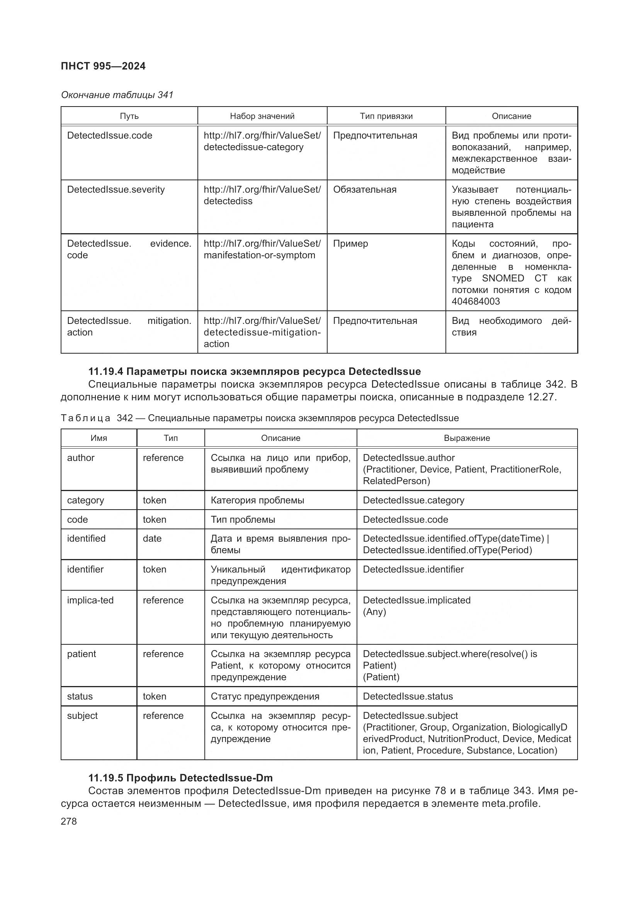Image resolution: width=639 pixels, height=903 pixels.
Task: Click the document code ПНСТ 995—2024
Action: pyautogui.click(x=103, y=66)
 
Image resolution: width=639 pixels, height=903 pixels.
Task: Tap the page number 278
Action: pyautogui.click(x=69, y=821)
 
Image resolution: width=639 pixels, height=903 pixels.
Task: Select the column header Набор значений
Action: pyautogui.click(x=262, y=116)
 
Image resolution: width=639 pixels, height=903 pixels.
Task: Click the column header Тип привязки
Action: pyautogui.click(x=386, y=116)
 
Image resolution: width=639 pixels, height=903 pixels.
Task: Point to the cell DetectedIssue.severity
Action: pyautogui.click(x=116, y=190)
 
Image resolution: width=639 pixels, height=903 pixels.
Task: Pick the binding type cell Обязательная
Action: pyautogui.click(x=364, y=190)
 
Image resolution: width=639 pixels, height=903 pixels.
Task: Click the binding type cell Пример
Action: pyautogui.click(x=350, y=244)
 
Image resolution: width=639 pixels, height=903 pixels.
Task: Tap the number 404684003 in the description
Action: pyautogui.click(x=475, y=301)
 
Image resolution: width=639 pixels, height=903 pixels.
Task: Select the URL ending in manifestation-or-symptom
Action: pyautogui.click(x=259, y=255)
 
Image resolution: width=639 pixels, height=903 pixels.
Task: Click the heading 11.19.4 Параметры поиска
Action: pyautogui.click(x=254, y=371)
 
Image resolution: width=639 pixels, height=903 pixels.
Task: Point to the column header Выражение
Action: pyautogui.click(x=467, y=438)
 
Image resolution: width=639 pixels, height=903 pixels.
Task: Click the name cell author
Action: pyautogui.click(x=81, y=458)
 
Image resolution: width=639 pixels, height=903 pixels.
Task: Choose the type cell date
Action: pyautogui.click(x=152, y=539)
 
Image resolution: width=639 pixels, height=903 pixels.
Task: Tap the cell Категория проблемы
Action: pyautogui.click(x=257, y=500)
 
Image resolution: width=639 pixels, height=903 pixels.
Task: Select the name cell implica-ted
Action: pyautogui.click(x=90, y=600)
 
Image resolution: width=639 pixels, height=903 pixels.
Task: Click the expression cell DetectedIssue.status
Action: pyautogui.click(x=408, y=696)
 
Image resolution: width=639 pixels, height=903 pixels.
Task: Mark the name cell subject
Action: pyautogui.click(x=82, y=715)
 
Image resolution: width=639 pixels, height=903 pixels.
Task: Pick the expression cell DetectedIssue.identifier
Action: pyautogui.click(x=413, y=569)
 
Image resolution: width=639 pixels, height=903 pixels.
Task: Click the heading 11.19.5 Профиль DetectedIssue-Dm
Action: pyautogui.click(x=180, y=778)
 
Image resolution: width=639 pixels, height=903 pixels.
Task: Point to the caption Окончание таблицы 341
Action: pyautogui.click(x=117, y=95)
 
